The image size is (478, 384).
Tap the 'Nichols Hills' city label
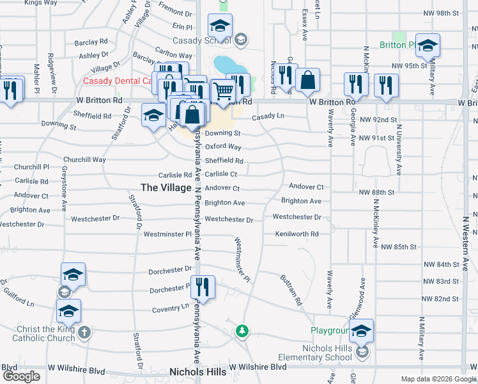[196, 371]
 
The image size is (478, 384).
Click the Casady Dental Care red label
[119, 82]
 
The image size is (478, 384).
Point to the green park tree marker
[242, 331]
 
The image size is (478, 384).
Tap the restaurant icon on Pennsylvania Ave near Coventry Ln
[203, 287]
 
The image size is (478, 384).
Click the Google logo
[21, 376]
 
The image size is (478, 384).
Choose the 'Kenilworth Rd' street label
[297, 234]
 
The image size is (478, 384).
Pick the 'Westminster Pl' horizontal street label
[167, 234]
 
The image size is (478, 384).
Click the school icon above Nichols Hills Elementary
[362, 330]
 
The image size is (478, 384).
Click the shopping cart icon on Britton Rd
[222, 91]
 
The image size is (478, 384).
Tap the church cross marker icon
[85, 334]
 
